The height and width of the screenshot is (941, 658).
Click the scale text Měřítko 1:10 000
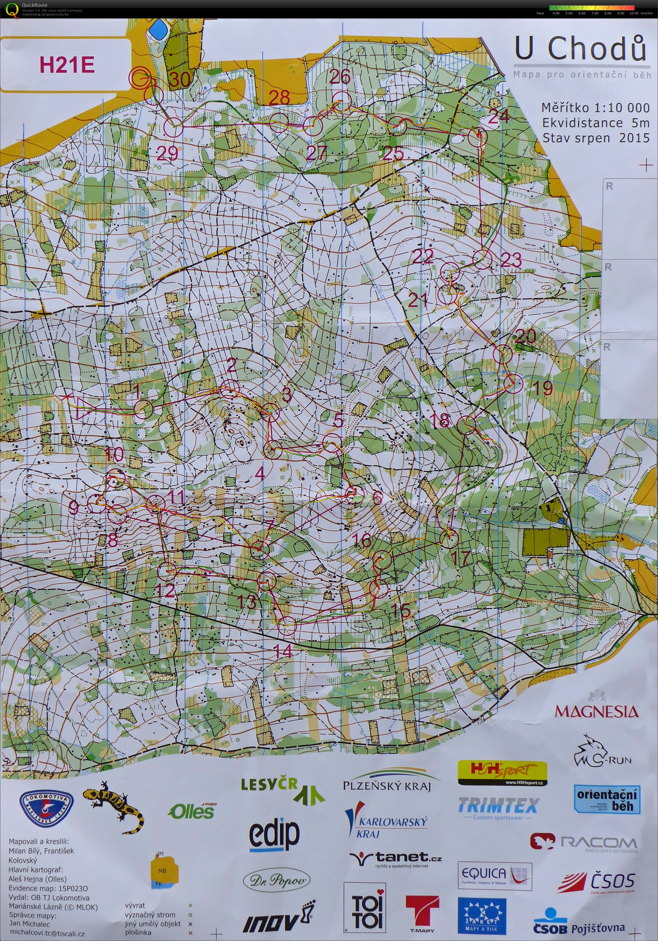595,108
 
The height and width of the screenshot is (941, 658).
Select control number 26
340,76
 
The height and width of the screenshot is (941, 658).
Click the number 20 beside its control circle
526,337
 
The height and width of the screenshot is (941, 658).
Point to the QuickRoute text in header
36,5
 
